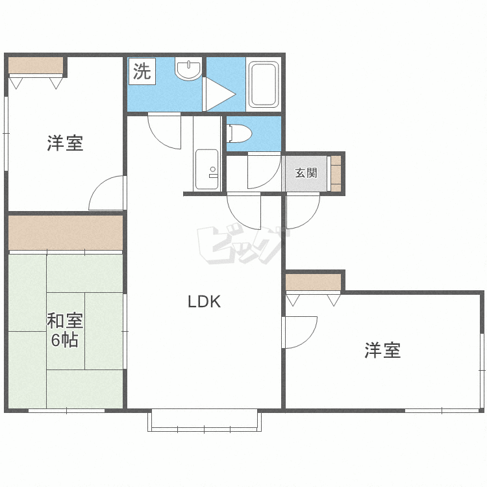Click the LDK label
pyautogui.click(x=204, y=301)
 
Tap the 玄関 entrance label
pyautogui.click(x=306, y=173)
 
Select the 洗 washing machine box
pyautogui.click(x=142, y=71)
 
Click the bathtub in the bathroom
pyautogui.click(x=264, y=84)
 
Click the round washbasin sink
pyautogui.click(x=188, y=69)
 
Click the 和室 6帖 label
pyautogui.click(x=64, y=330)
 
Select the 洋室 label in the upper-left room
pyautogui.click(x=65, y=144)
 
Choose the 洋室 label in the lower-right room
pyautogui.click(x=382, y=350)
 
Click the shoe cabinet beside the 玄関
pyautogui.click(x=336, y=173)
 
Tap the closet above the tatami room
pyautogui.click(x=66, y=232)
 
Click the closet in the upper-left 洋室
pyautogui.click(x=36, y=66)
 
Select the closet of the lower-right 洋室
pyautogui.click(x=313, y=282)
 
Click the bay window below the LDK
pyautogui.click(x=205, y=420)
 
